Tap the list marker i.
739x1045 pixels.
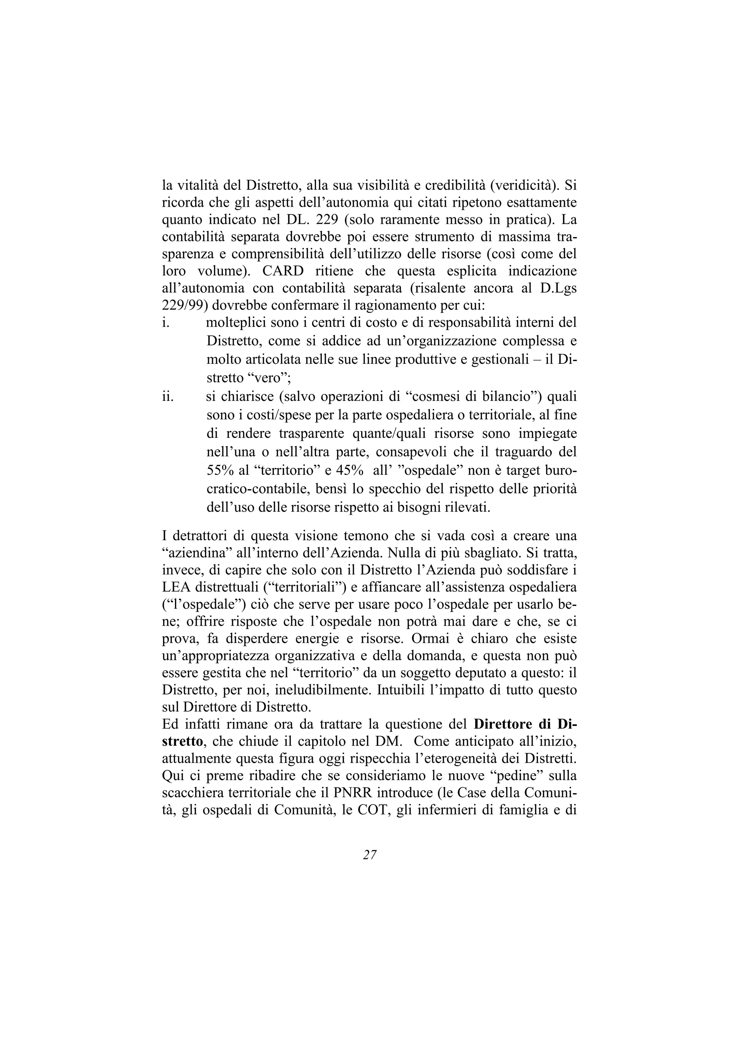pos(166,323)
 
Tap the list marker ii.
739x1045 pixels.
pos(168,397)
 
